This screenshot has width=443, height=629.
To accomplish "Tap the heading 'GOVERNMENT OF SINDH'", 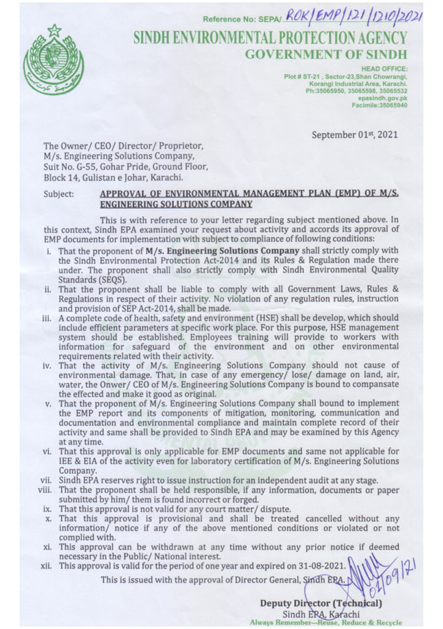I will tap(326, 55).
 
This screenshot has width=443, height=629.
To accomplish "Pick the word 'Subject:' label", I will tap(58, 194).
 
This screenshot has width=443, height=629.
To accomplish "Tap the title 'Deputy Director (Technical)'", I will tap(321, 604).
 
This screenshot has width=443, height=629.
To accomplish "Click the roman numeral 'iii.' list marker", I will tap(47, 319).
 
